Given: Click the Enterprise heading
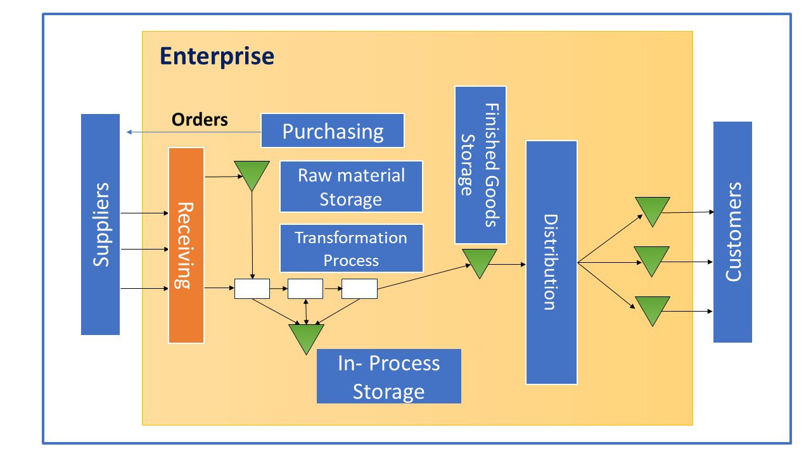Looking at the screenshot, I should [217, 56].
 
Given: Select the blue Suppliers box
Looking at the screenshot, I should [100, 224].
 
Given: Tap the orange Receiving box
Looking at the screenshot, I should [186, 245].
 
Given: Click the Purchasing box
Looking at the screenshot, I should [333, 130].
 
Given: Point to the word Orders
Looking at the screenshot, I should [200, 120].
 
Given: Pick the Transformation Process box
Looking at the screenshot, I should [351, 248].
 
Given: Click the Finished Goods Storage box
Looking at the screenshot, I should [480, 165].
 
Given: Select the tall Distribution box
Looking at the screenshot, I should [551, 262].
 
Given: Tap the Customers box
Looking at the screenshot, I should [732, 232].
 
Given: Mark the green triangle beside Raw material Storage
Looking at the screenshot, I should [252, 174].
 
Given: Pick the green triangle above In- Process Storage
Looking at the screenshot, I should [306, 336].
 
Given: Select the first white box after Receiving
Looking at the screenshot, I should [252, 289].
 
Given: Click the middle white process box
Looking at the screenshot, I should [305, 289].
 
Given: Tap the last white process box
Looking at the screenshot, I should [359, 289].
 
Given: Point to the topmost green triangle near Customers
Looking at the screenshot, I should [652, 210].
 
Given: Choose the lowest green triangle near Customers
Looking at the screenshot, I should [652, 308].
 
